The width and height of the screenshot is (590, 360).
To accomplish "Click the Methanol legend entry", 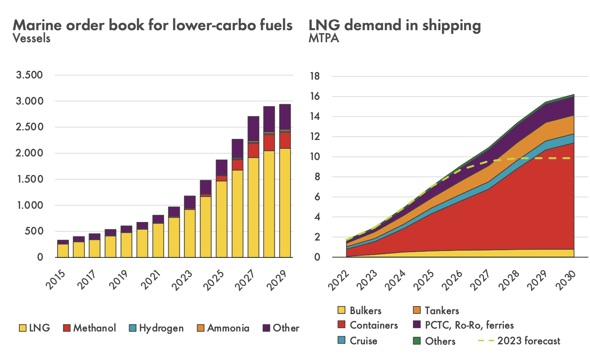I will click(x=90, y=328).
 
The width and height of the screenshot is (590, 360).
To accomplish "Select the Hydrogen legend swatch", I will click(x=133, y=328).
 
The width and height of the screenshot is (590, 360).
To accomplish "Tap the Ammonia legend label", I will click(x=228, y=328).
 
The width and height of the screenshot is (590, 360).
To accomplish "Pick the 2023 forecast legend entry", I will click(x=519, y=341).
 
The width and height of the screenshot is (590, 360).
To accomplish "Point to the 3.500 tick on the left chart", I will click(x=29, y=75).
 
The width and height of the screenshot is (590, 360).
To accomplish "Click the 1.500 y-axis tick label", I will click(x=29, y=179).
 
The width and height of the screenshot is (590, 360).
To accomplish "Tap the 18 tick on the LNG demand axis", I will click(x=314, y=76).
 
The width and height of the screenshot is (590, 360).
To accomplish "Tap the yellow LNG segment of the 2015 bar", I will click(x=63, y=251).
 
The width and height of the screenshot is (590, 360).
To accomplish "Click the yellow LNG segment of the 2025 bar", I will click(x=221, y=219).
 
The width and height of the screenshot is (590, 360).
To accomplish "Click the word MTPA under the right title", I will click(x=324, y=38).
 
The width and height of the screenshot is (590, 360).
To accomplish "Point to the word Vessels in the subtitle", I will click(x=32, y=38).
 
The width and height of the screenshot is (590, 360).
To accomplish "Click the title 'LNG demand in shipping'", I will click(x=394, y=25).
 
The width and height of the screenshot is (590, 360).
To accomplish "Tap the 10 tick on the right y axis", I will click(x=314, y=156).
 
